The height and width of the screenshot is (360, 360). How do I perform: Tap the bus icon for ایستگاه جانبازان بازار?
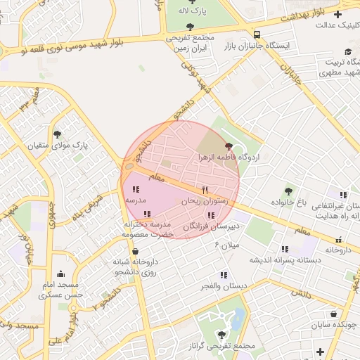tap(256, 34)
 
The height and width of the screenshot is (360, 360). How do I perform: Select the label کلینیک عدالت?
tap(330, 25)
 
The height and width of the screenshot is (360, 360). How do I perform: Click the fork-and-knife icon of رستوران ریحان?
tap(205, 190)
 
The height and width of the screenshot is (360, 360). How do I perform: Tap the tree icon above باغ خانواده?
tap(288, 191)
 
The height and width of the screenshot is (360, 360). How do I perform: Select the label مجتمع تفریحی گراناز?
tap(221, 347)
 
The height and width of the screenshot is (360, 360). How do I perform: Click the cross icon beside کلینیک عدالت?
tap(337, 14)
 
